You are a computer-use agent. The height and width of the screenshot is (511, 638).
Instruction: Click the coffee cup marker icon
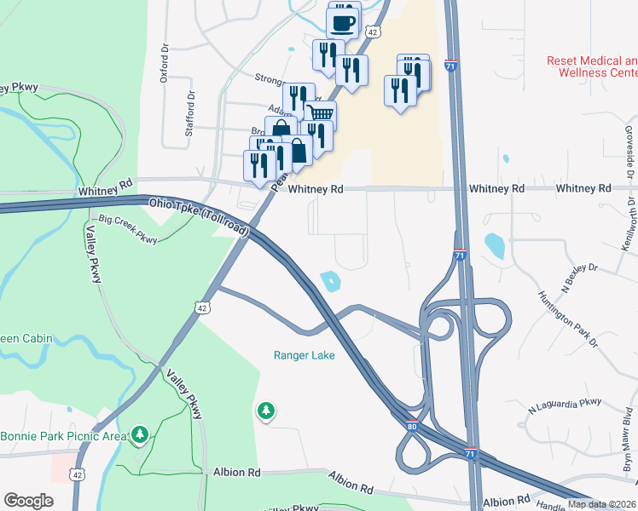342,22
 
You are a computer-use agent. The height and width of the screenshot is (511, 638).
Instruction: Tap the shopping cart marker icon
320,113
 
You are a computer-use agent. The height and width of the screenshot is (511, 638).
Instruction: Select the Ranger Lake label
304,355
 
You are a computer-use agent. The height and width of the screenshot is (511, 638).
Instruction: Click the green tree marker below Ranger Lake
266,411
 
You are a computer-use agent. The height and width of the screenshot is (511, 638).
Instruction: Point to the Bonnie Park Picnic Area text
61,437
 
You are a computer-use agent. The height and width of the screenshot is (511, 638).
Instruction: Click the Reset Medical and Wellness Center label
592,66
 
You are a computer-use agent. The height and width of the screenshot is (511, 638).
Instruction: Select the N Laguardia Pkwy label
565,405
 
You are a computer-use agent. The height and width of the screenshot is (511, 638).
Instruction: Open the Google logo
29,501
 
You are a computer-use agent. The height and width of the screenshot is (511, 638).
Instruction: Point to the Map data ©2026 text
601,504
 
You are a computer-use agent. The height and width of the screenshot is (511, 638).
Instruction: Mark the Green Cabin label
26,338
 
